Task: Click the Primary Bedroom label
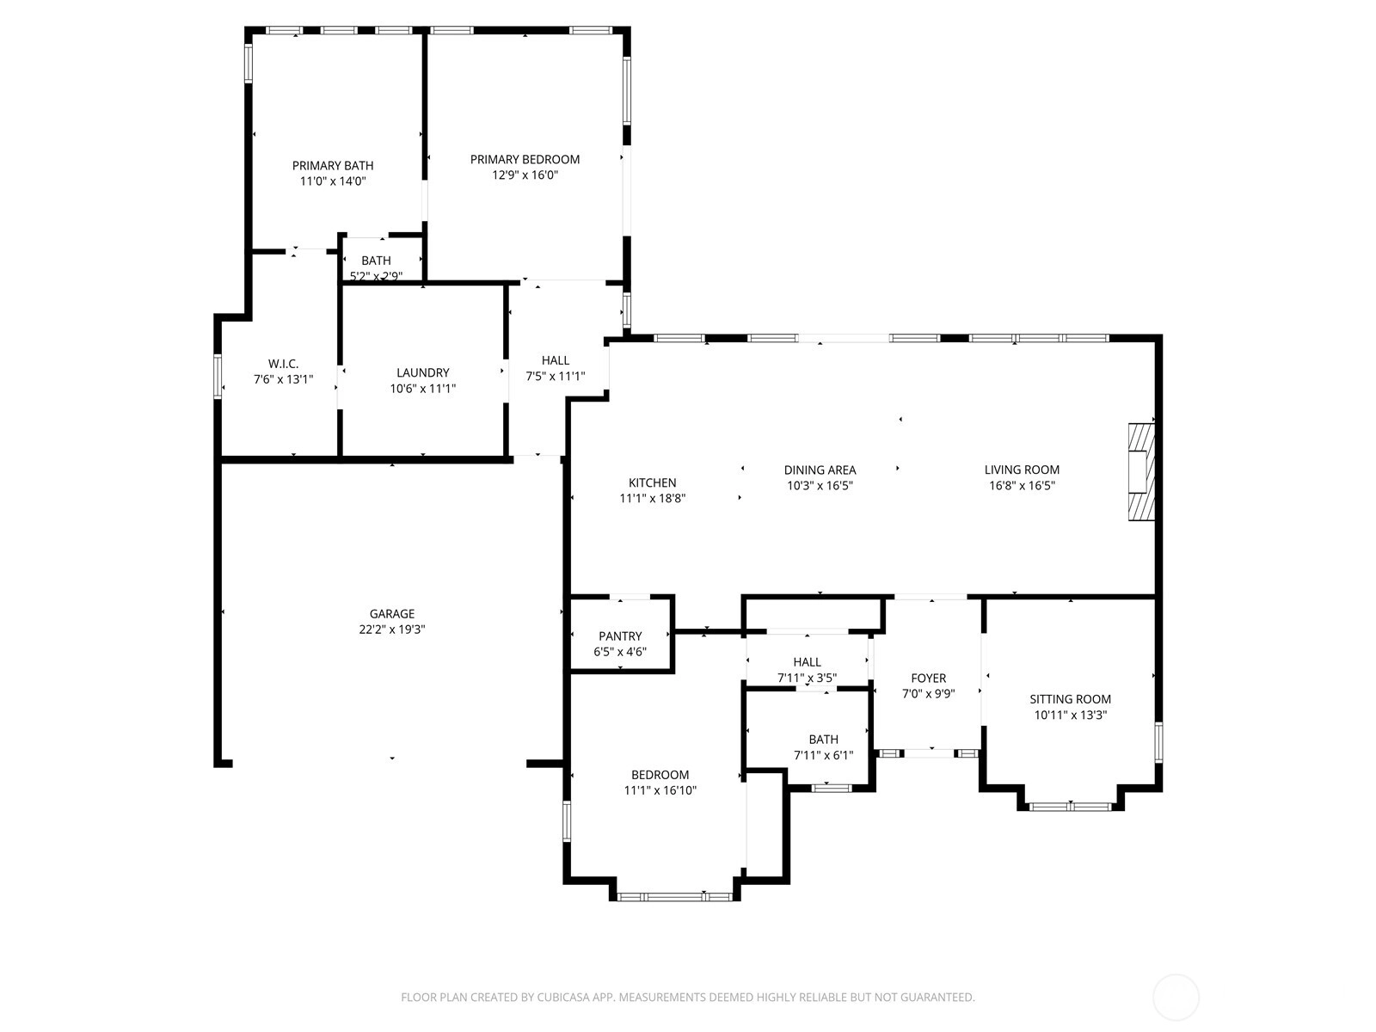pos(525,160)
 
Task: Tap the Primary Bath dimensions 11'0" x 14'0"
pos(333,181)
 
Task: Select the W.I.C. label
pos(283,364)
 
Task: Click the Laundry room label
pos(422,373)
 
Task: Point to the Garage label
pos(392,614)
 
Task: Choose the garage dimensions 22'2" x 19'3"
pos(392,630)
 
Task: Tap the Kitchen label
pos(653,483)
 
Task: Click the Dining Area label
pos(820,470)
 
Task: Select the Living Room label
pos(1022,470)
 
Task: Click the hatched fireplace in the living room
pos(1141,472)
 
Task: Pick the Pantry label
pos(620,636)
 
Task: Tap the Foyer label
pos(929,679)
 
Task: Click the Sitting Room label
pos(1070,699)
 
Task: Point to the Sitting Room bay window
pos(1071,807)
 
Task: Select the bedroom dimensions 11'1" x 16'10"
pos(660,790)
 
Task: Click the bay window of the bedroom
pos(674,897)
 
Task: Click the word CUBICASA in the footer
pos(563,997)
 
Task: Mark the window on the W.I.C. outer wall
pos(218,377)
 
